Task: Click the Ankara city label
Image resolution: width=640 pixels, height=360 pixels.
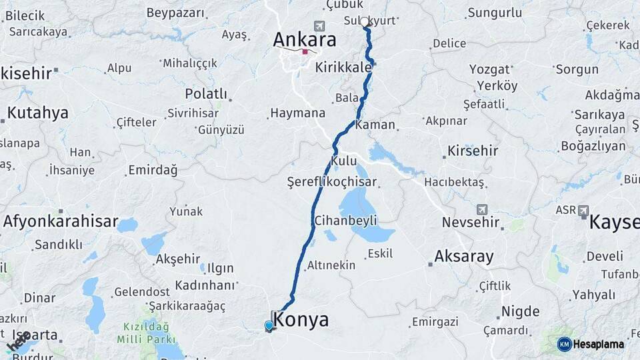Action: coord(304,40)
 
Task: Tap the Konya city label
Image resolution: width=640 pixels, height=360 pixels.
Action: coord(301,320)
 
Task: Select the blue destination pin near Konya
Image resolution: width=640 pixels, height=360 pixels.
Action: coord(269,325)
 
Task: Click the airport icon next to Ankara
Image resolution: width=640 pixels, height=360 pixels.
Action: coord(319,26)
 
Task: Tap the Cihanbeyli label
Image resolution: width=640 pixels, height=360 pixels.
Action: coord(345,220)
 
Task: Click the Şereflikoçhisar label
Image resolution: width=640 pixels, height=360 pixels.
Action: coord(332,181)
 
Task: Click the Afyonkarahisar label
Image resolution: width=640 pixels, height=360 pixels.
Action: coord(60,221)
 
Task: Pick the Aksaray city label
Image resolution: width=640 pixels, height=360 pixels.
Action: coord(464,256)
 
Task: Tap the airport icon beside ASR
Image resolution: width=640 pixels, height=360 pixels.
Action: coord(583,210)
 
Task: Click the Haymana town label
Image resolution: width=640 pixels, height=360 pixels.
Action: coord(297,113)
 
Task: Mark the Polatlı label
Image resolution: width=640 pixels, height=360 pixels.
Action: coord(206,93)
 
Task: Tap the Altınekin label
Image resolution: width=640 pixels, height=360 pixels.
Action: coord(331,265)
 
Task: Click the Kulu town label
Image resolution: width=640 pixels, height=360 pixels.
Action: coord(344,161)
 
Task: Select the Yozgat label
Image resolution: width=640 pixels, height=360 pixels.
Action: coord(489,69)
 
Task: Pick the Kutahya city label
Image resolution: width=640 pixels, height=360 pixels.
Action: coord(37,113)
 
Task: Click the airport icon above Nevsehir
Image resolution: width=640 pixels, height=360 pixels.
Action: coord(482,209)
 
